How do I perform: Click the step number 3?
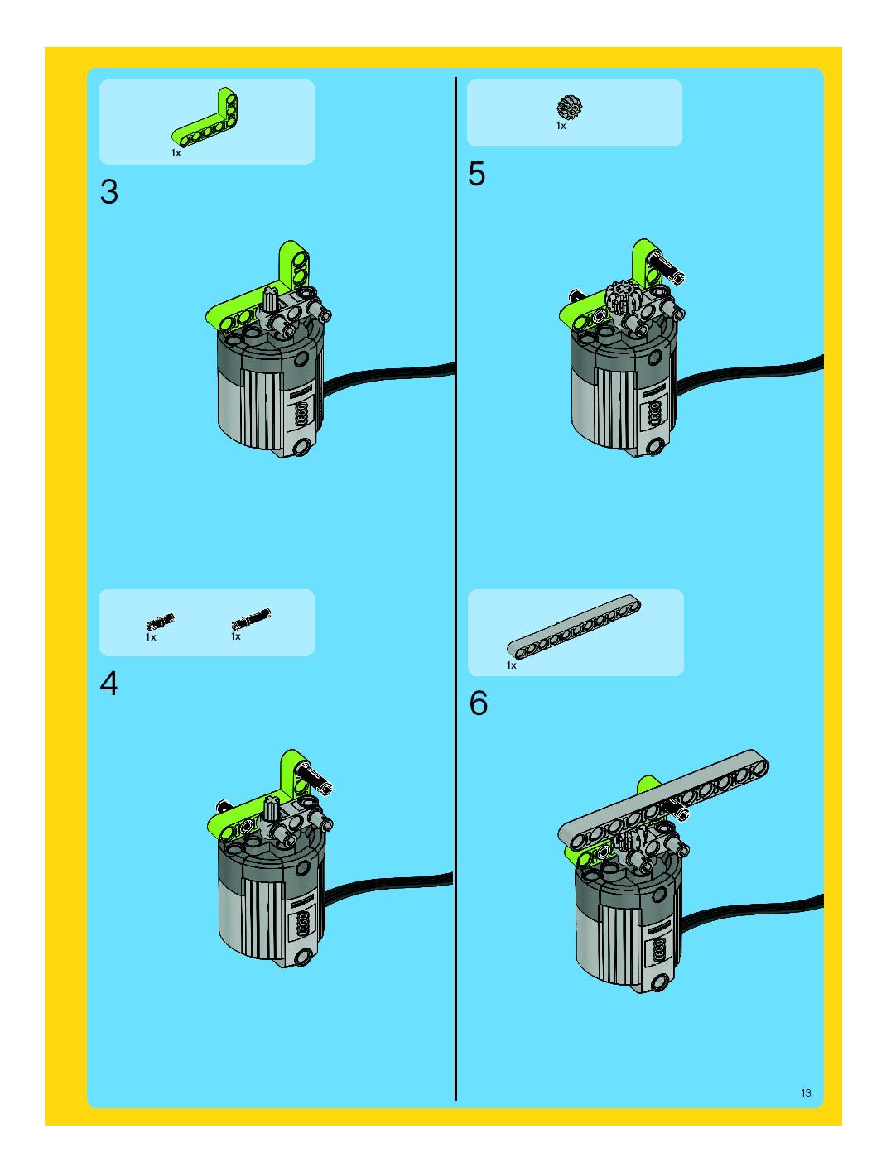[x=109, y=192]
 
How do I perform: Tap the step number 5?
[x=477, y=174]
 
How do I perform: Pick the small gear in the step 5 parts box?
[x=570, y=108]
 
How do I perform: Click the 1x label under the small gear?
[x=561, y=126]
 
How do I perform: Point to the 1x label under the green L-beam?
[x=176, y=153]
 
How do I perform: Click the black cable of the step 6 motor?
[x=755, y=908]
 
